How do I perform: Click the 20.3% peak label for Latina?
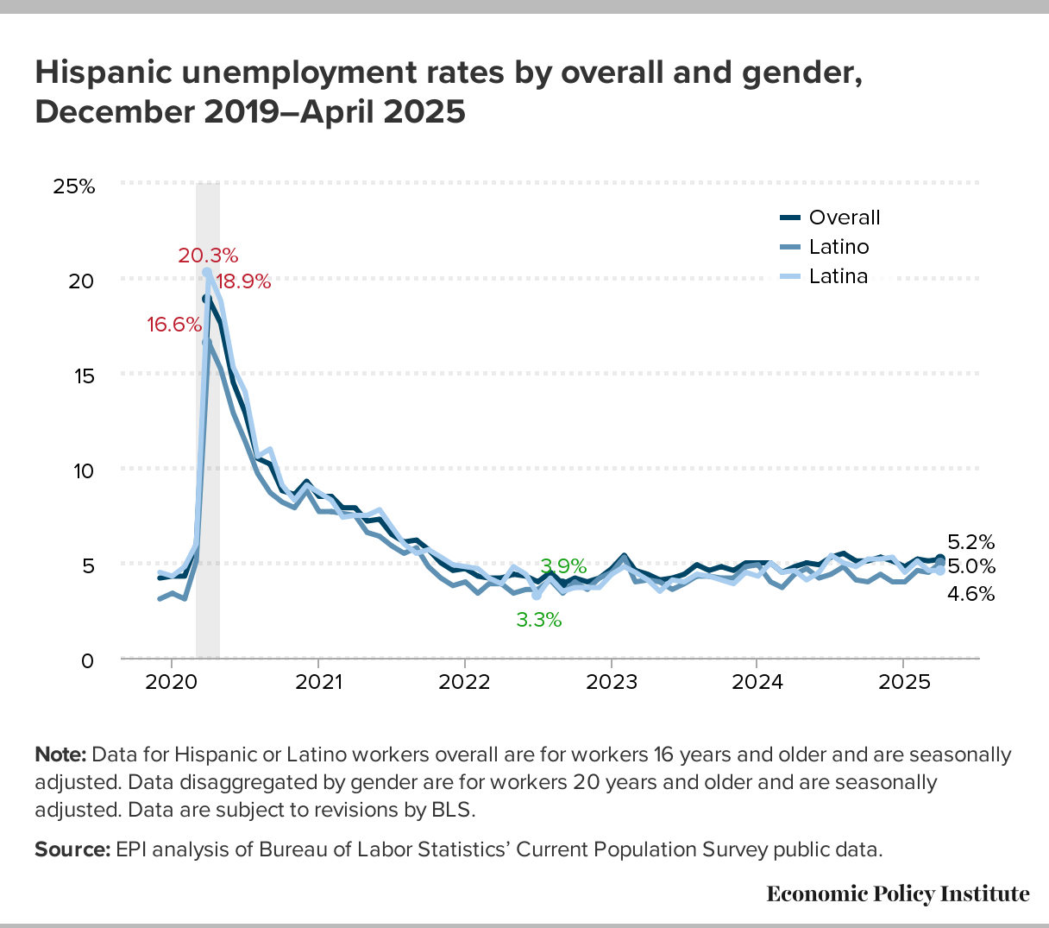pyautogui.click(x=208, y=255)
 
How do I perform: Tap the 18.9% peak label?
pyautogui.click(x=243, y=281)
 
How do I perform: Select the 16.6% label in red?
pyautogui.click(x=173, y=325)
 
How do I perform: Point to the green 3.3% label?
pyautogui.click(x=539, y=619)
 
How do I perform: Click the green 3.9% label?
pyautogui.click(x=562, y=566)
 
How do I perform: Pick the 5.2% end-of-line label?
pyautogui.click(x=970, y=542)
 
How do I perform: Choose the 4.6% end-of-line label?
pyautogui.click(x=970, y=593)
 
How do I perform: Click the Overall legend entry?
pyautogui.click(x=844, y=218)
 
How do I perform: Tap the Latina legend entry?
pyautogui.click(x=838, y=276)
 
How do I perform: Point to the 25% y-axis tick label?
pyautogui.click(x=74, y=186)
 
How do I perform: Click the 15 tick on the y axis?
pyautogui.click(x=81, y=376)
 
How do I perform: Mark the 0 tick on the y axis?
pyautogui.click(x=87, y=661)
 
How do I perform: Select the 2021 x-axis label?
pyautogui.click(x=317, y=682)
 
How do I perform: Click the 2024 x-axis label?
pyautogui.click(x=757, y=682)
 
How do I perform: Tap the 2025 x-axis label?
pyautogui.click(x=902, y=682)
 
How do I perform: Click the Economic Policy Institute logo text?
pyautogui.click(x=897, y=893)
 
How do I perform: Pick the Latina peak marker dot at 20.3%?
pyautogui.click(x=207, y=272)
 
